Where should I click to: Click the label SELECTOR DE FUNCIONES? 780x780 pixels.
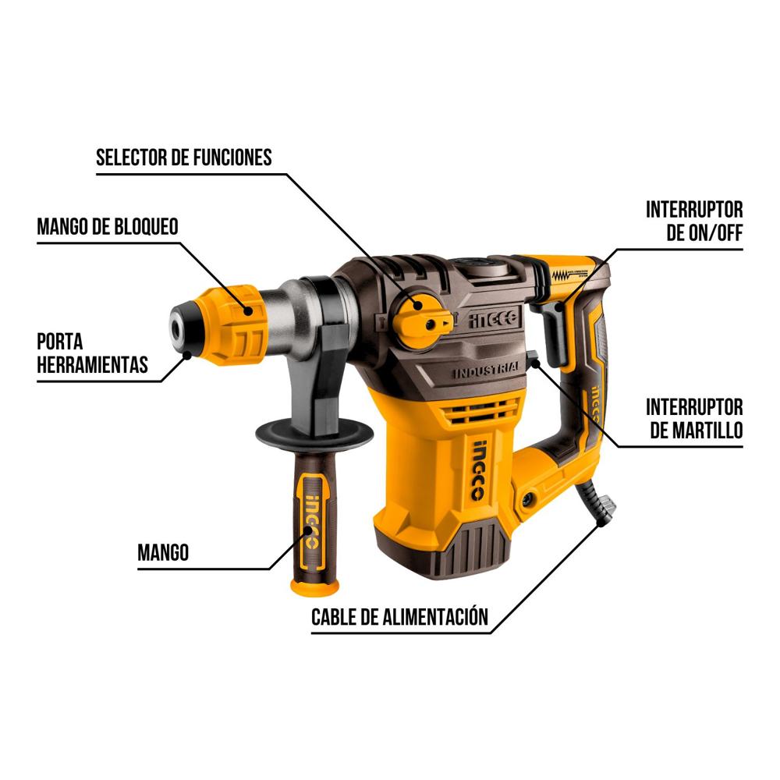click(x=183, y=158)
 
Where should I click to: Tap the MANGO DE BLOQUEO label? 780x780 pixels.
click(x=108, y=227)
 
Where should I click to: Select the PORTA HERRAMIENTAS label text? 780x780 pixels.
click(x=93, y=353)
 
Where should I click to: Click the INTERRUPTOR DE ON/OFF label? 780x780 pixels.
click(x=694, y=221)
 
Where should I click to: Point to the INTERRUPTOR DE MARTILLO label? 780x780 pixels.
click(x=694, y=418)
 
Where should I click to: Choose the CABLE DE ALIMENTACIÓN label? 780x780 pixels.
click(x=399, y=617)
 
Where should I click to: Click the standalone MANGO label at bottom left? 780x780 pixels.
click(x=163, y=552)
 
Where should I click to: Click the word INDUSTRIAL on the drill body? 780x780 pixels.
click(x=486, y=370)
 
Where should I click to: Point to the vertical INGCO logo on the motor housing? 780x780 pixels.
click(x=477, y=470)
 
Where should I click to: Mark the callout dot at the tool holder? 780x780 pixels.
click(x=187, y=355)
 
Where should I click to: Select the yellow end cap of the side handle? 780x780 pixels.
click(x=315, y=587)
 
